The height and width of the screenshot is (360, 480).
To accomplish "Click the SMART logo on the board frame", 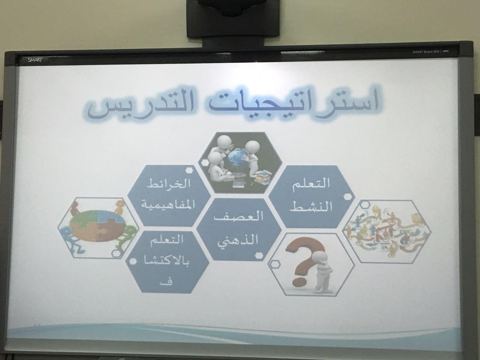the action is [35, 60].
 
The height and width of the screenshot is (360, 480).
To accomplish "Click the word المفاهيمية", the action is [165, 205].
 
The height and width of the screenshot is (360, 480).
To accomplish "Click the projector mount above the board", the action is [233, 19].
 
